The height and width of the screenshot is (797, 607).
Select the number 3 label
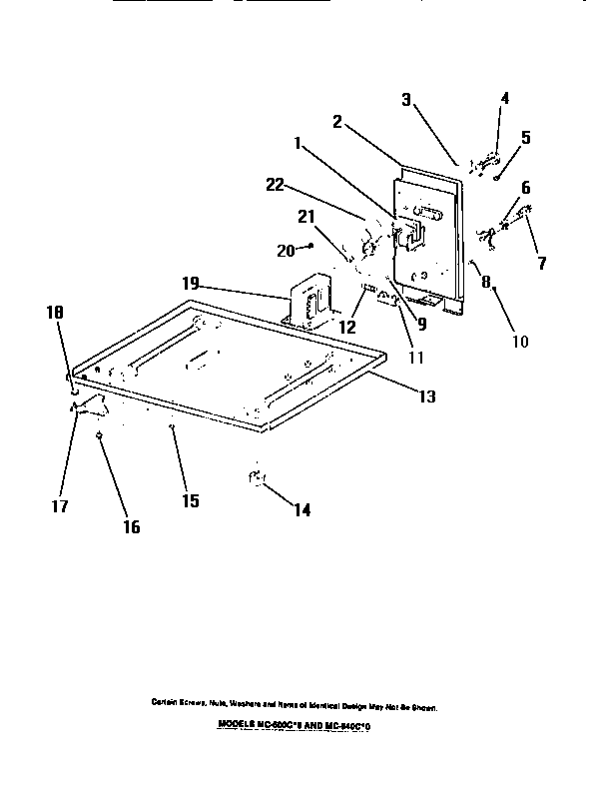coord(406,99)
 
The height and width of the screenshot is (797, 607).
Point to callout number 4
coord(504,98)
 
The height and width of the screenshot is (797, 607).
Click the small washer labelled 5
coord(496,177)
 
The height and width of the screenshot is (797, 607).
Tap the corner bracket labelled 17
coord(91,404)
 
